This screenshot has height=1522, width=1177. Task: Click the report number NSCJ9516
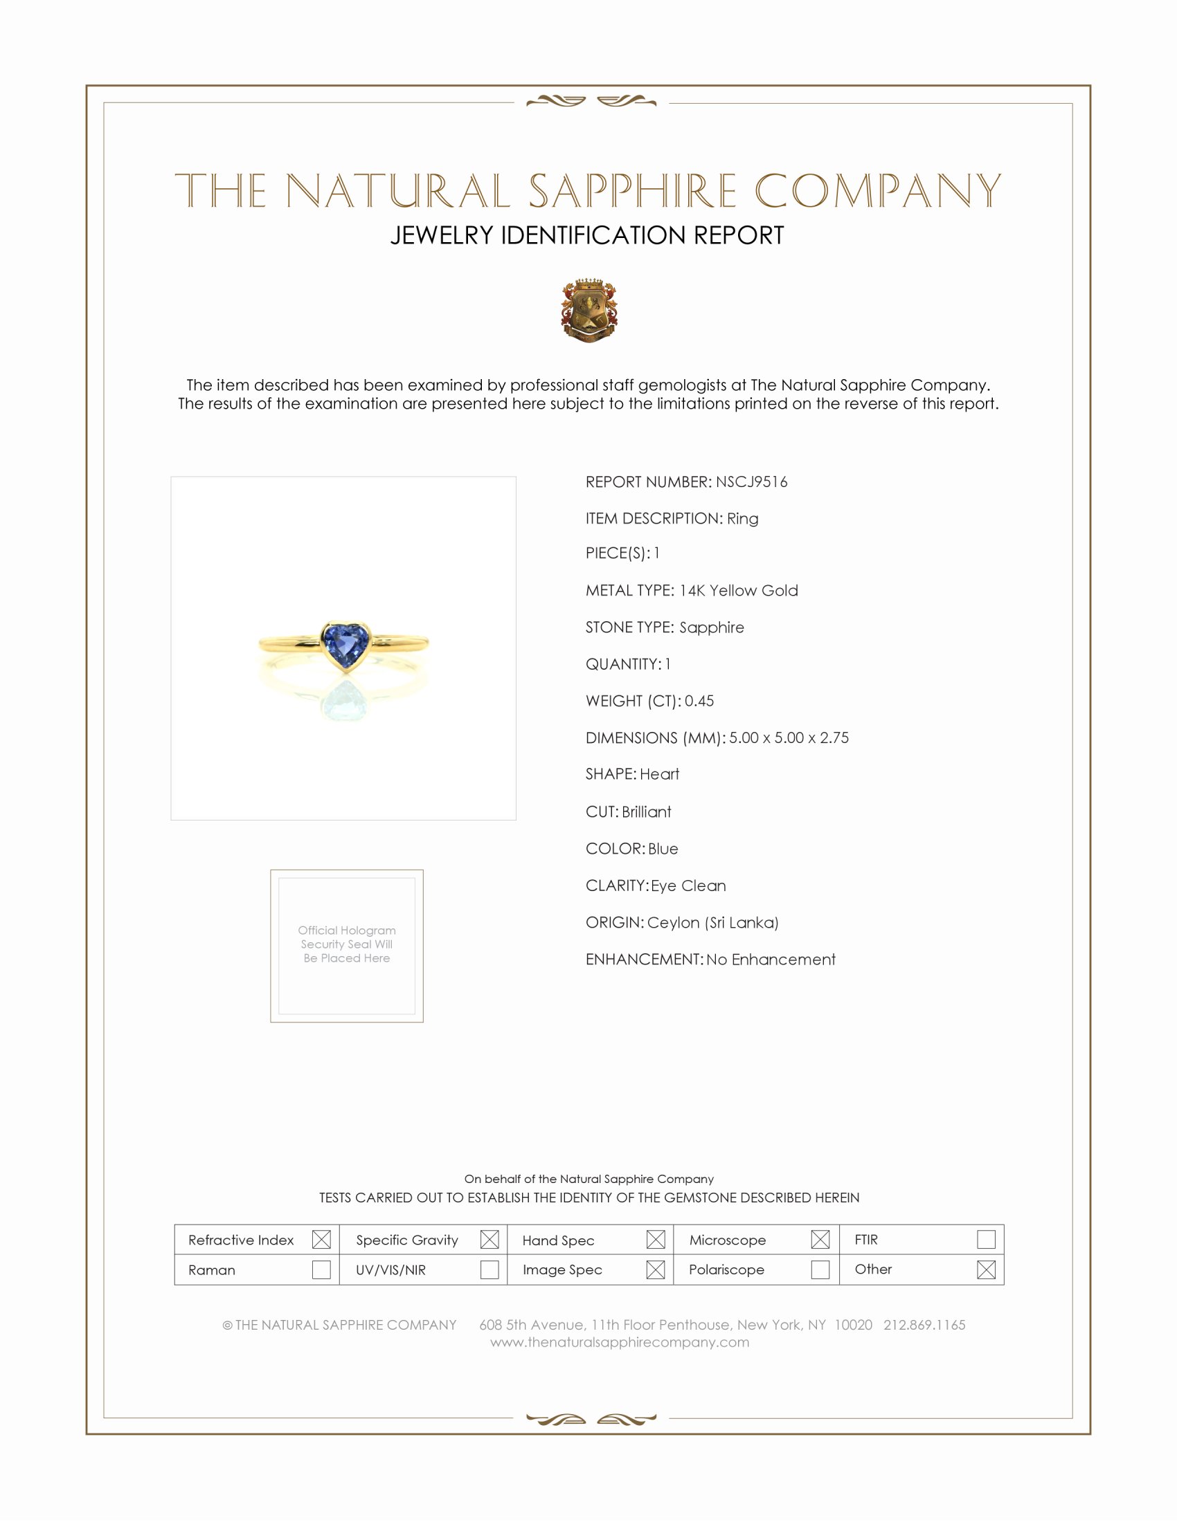point(751,482)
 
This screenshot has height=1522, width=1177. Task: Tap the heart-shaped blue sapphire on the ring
point(345,644)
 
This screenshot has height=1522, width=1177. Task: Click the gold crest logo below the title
point(588,311)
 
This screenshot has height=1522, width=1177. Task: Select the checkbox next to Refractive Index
point(321,1240)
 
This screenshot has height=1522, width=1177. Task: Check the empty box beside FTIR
point(986,1240)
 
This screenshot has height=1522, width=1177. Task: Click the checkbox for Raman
point(321,1269)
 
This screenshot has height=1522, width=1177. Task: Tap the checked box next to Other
point(986,1269)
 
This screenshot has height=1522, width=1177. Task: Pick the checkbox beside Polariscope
point(820,1269)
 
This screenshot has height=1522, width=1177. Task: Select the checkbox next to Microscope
point(820,1240)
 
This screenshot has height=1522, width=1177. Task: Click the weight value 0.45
point(699,701)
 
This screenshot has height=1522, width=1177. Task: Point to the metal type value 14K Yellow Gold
point(739,591)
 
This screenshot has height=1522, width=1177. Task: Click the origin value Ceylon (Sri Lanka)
point(712,923)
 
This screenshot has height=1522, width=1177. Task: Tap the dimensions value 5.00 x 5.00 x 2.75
point(789,738)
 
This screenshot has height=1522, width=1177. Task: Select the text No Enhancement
point(771,960)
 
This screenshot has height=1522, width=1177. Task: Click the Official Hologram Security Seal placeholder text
point(347,944)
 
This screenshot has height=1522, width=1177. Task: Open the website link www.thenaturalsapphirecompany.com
point(619,1343)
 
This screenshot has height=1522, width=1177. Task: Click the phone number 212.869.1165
point(924,1326)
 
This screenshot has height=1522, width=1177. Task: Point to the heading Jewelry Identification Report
point(587,235)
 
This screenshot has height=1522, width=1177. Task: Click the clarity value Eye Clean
point(688,886)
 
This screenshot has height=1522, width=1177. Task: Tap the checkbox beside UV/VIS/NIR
point(489,1269)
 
